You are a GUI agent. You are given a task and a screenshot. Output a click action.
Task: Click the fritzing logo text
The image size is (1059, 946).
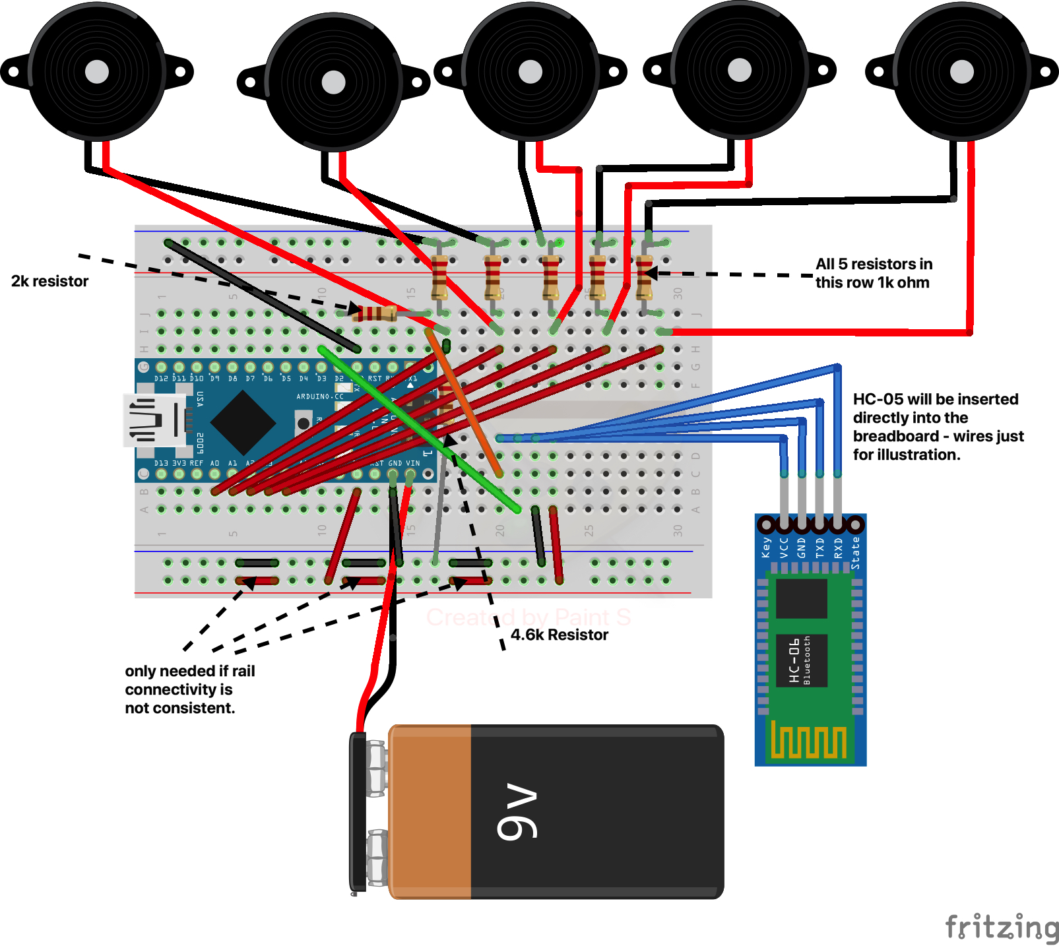pyautogui.click(x=1002, y=926)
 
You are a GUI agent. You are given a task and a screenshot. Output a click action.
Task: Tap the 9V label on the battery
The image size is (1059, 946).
pyautogui.click(x=517, y=811)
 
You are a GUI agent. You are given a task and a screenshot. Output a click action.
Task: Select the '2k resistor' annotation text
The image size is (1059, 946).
pyautogui.click(x=49, y=281)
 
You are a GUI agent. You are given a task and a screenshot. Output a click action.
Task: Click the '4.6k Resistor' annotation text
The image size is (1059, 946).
pyautogui.click(x=559, y=635)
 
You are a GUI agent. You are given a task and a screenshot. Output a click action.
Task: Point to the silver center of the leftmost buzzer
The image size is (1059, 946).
pyautogui.click(x=97, y=72)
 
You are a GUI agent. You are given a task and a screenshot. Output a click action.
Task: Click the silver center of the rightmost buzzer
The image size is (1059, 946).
pyautogui.click(x=961, y=72)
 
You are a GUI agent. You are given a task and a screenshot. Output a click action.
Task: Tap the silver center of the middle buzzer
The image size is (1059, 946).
pyautogui.click(x=530, y=72)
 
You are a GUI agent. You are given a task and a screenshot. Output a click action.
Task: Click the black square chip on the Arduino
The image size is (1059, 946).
pyautogui.click(x=243, y=422)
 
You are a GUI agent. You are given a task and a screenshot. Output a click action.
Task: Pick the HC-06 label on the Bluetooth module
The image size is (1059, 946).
pyautogui.click(x=794, y=660)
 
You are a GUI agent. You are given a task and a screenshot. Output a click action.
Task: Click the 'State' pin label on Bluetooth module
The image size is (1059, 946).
pyautogui.click(x=855, y=553)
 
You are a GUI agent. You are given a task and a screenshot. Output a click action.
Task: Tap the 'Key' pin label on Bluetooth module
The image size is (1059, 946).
pyautogui.click(x=766, y=548)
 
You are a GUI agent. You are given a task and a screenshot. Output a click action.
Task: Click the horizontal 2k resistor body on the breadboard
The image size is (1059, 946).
pyautogui.click(x=374, y=313)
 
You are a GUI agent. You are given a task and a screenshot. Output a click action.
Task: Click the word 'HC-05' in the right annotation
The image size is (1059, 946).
pyautogui.click(x=878, y=399)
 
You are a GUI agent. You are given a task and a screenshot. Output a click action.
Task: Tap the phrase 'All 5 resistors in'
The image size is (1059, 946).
pyautogui.click(x=874, y=264)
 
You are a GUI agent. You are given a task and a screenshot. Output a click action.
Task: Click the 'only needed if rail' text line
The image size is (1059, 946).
pyautogui.click(x=189, y=671)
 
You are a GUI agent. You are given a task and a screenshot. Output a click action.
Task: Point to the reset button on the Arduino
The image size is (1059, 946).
pyautogui.click(x=304, y=422)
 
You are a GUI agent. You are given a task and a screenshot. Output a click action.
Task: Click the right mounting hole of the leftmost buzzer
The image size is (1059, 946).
pyautogui.click(x=178, y=72)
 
